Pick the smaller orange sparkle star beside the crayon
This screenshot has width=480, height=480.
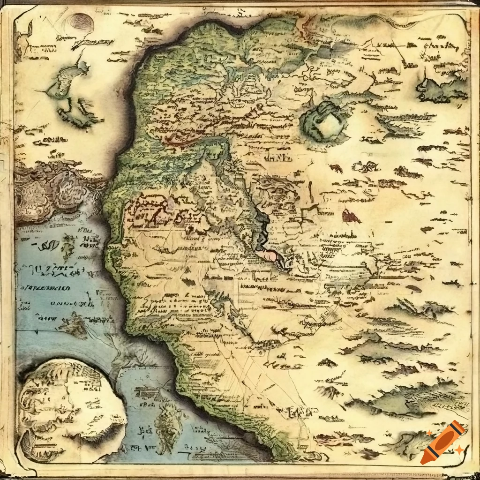430,433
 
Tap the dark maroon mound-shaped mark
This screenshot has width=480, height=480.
350,216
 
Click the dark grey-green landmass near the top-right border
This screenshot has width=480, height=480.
441,89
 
